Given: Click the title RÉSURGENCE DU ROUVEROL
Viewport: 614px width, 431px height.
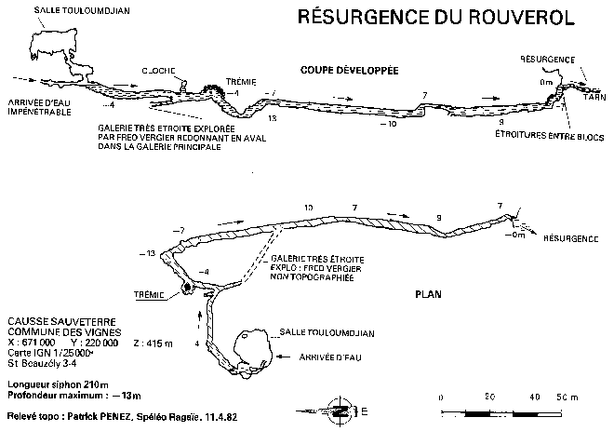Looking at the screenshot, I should tap(434, 18).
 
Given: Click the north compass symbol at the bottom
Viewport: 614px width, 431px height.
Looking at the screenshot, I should tap(340, 408).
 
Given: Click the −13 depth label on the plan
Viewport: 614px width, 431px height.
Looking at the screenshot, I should tap(146, 253).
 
